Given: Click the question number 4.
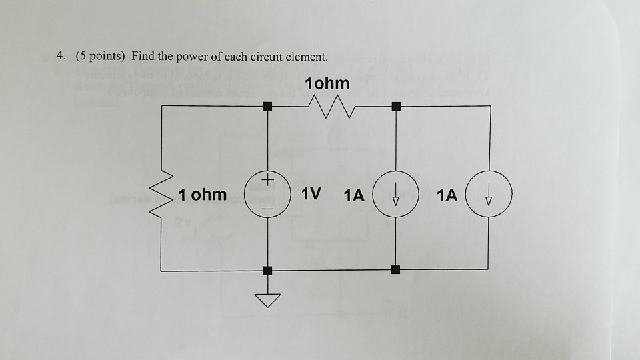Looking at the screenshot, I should point(60,57).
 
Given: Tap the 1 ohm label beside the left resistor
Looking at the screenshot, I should point(203,195).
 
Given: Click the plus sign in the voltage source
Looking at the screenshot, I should point(268,181).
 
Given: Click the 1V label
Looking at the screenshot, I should point(311,195).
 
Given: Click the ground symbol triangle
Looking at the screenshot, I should point(268,301).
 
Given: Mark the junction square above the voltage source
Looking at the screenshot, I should point(268,105).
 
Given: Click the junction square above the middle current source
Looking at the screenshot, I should point(396,105).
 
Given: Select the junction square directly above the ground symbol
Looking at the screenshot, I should point(268,270).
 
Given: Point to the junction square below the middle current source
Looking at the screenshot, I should point(396,270).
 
